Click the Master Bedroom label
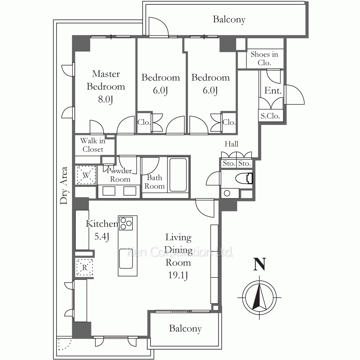tap(106, 80)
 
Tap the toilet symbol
tap(244, 179)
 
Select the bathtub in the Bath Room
tap(178, 175)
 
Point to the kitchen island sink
tap(126, 258)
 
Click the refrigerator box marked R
tap(85, 267)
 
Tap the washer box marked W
tap(86, 175)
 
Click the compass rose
tap(260, 297)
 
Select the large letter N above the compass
tap(260, 264)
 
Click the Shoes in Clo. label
tap(264, 58)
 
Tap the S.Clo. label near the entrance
tap(270, 116)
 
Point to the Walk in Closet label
tap(93, 145)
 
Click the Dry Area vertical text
tap(64, 185)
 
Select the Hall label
tap(231, 144)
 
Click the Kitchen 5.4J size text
tap(102, 237)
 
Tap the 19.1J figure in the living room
tap(178, 275)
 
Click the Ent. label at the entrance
tap(273, 90)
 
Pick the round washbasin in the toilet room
tap(227, 193)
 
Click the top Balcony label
tap(229, 19)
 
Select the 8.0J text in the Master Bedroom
tap(105, 99)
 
